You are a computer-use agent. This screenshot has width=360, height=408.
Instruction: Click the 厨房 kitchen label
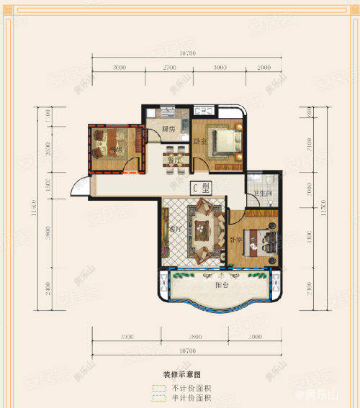[169, 130]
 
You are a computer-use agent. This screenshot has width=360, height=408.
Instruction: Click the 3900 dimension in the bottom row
[128, 336]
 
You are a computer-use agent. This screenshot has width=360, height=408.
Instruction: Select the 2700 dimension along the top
[168, 67]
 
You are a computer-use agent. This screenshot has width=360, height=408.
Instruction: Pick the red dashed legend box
[158, 389]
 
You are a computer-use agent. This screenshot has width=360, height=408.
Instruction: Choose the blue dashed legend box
[158, 398]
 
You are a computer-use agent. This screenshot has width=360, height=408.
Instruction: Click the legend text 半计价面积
[189, 398]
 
